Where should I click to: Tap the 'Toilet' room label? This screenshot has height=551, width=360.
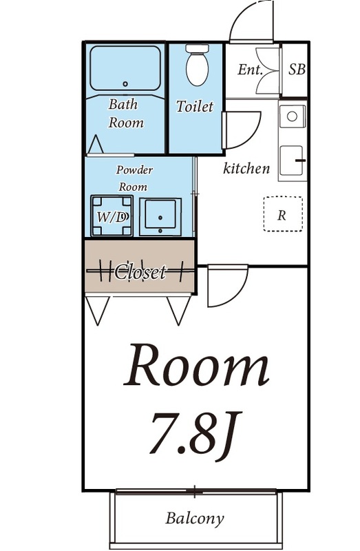point(195,107)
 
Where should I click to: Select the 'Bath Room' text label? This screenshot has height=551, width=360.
point(125,114)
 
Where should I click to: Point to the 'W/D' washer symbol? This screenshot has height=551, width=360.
point(111,216)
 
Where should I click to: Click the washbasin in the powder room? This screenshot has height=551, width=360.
point(160,216)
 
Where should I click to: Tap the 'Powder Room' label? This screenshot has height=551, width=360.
point(134,178)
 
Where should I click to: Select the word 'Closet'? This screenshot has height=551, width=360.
point(140,272)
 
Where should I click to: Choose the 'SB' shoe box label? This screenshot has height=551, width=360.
point(297,70)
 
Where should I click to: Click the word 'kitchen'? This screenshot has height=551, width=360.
point(246,168)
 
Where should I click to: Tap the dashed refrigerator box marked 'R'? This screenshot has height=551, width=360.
point(282,214)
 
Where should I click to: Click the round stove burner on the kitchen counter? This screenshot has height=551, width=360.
point(293,116)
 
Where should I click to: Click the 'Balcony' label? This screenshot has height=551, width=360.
point(195,518)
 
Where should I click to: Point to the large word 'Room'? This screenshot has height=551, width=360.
point(195,367)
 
